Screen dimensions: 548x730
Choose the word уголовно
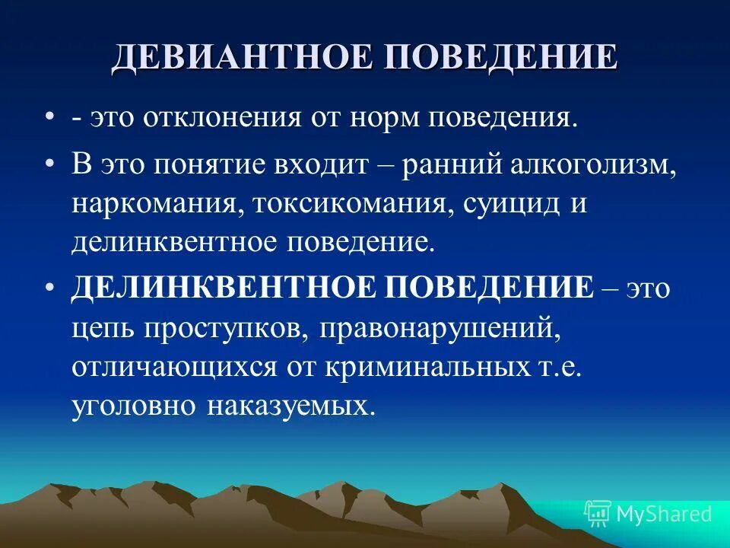click(132, 406)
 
